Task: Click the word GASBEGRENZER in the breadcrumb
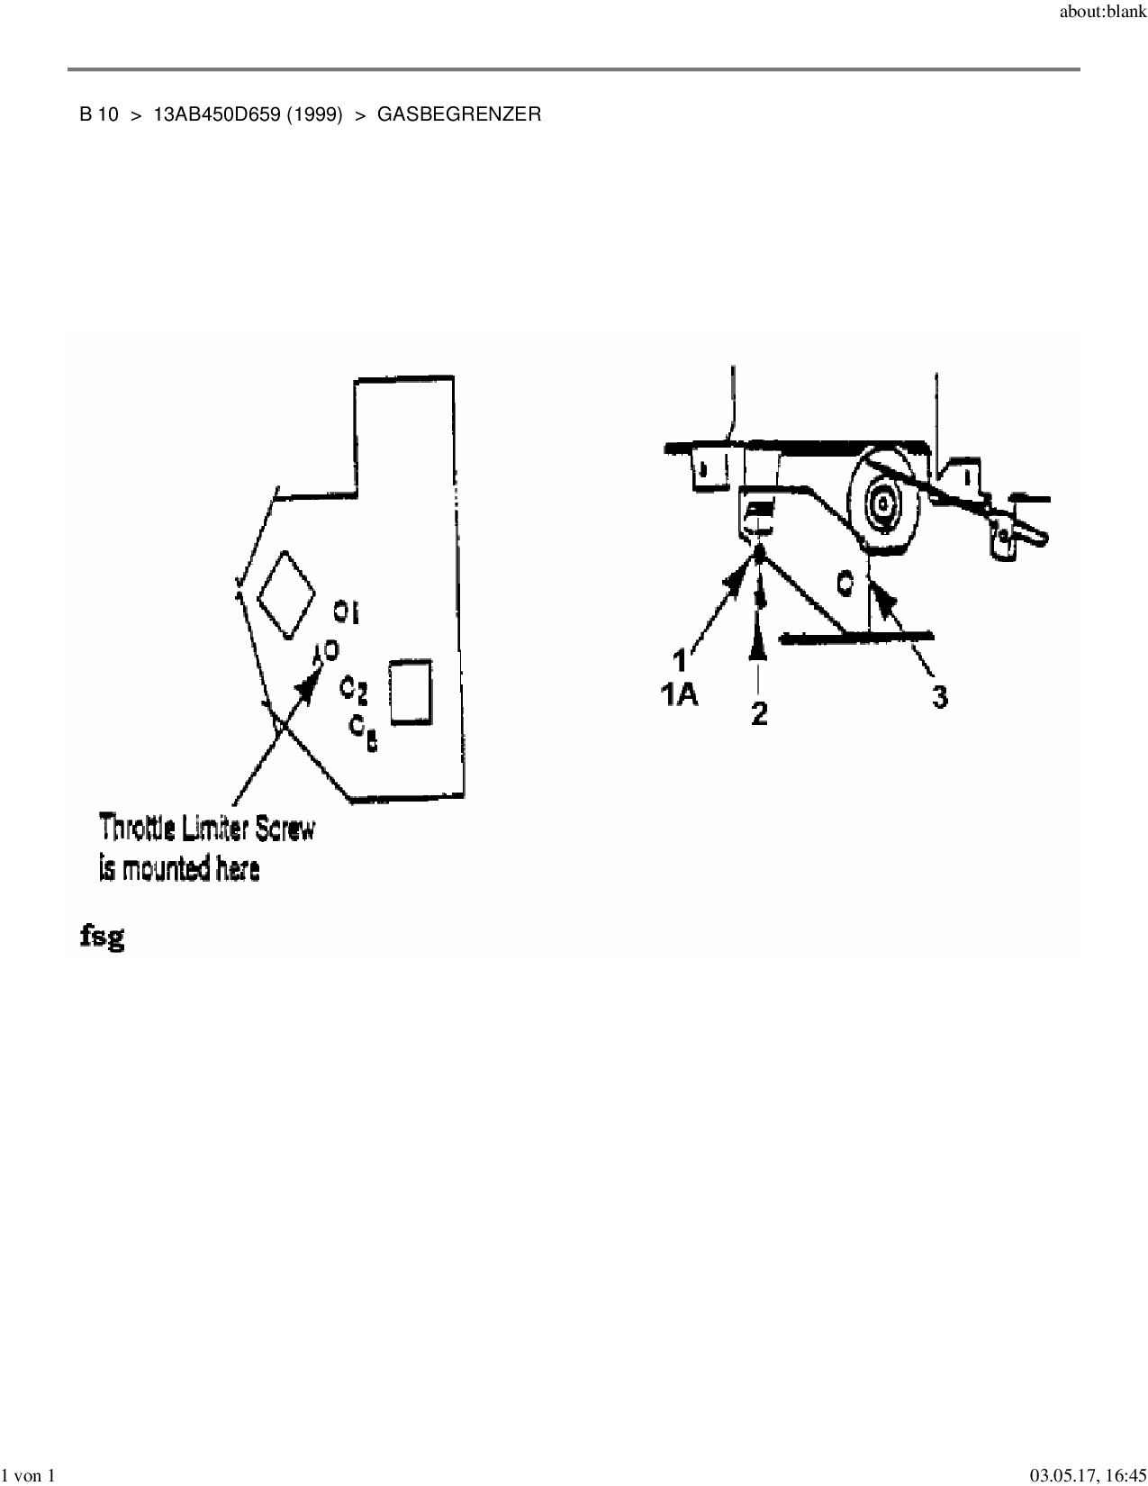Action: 459,115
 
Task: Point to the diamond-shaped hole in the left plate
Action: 286,594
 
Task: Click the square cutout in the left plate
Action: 410,691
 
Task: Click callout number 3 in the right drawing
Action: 939,696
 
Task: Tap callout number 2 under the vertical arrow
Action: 760,713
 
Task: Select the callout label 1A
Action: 680,695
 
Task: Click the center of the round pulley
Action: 882,501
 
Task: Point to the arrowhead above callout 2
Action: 759,641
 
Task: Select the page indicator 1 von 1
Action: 30,1475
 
